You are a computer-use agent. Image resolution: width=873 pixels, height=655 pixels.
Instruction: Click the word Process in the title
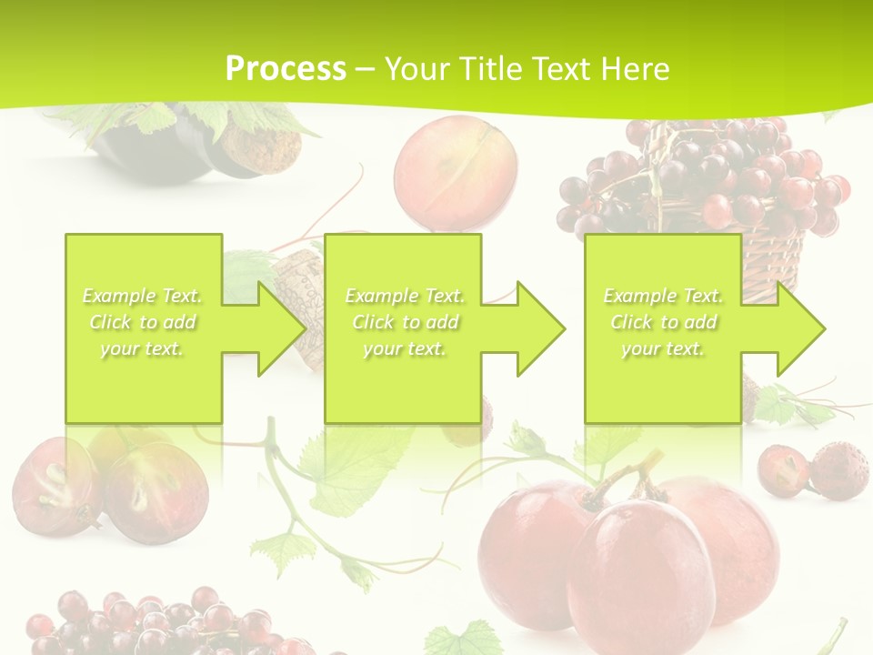286,69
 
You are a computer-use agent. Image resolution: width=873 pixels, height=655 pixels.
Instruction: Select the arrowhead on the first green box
282,328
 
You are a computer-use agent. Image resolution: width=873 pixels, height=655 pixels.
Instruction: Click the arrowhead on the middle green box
541,328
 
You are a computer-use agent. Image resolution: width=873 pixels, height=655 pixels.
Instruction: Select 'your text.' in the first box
141,348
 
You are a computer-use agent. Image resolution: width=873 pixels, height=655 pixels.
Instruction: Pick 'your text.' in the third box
662,348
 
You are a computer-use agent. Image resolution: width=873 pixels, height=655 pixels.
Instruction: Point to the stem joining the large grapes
627,473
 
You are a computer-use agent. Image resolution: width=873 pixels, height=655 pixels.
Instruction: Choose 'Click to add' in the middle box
405,322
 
